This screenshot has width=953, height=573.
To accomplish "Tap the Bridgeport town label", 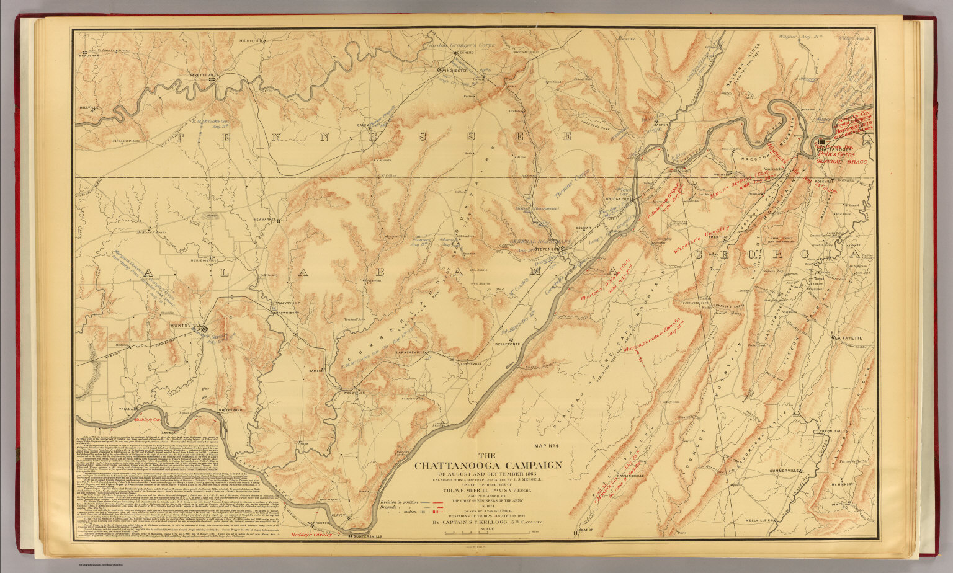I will click(618, 199).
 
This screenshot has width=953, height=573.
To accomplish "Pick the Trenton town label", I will click(718, 238).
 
